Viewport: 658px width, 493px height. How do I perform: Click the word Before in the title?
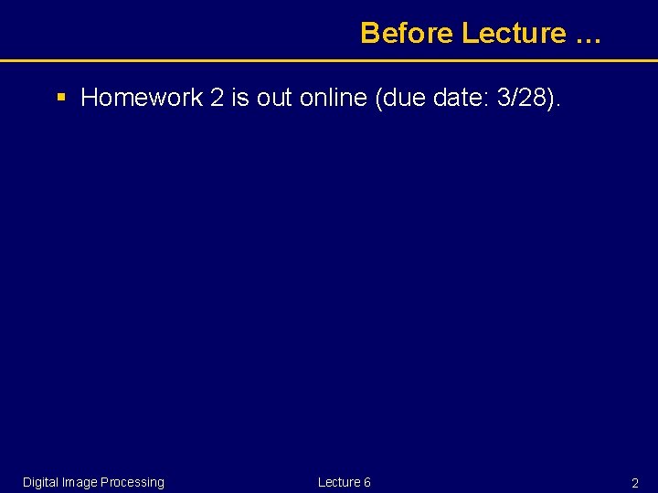click(x=407, y=33)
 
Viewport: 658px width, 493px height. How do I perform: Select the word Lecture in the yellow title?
click(x=514, y=33)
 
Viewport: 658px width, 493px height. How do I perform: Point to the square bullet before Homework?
click(x=61, y=96)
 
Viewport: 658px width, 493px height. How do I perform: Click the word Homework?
click(x=142, y=98)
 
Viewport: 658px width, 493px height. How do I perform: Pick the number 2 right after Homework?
click(x=217, y=98)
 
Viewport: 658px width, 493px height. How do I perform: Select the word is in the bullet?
click(x=240, y=98)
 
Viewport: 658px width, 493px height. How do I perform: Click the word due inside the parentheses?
click(x=400, y=98)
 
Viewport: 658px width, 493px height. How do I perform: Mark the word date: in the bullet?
click(x=459, y=98)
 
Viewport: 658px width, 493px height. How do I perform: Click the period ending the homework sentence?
click(x=560, y=103)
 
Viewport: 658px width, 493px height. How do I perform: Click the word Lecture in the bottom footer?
click(x=338, y=482)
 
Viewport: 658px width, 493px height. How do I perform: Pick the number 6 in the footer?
click(x=366, y=482)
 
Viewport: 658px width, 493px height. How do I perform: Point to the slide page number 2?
click(x=634, y=483)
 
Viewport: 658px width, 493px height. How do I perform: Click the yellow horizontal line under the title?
click(x=329, y=61)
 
